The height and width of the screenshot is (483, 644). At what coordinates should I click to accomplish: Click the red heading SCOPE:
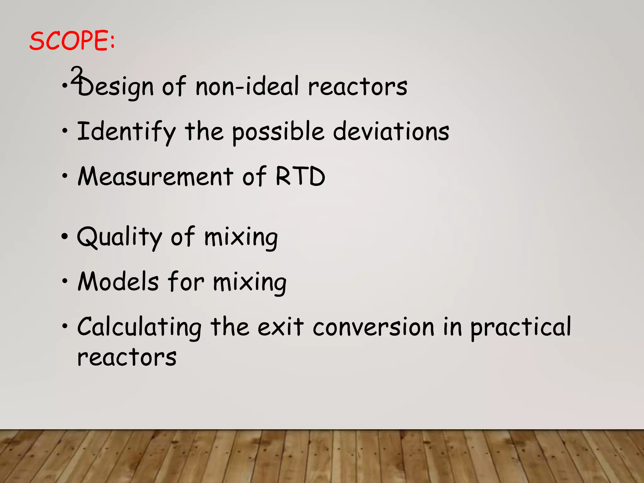[72, 41]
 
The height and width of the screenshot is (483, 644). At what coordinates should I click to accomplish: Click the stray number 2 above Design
[76, 74]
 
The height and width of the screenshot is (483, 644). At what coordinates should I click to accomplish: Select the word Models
[118, 282]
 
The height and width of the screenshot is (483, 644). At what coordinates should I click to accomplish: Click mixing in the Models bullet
[250, 282]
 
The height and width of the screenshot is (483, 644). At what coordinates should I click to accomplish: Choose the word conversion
[374, 327]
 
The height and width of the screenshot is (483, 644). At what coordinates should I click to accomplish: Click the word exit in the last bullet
[280, 327]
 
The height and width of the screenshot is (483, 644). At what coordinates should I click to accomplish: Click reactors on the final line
[127, 358]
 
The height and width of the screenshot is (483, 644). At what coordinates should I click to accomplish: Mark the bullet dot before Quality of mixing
[65, 236]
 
